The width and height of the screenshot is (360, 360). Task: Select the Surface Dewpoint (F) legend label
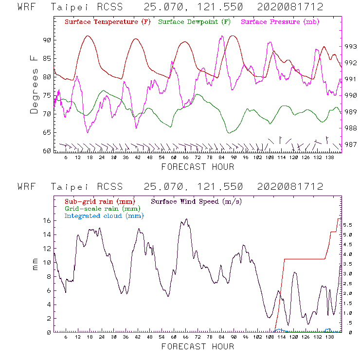(194, 22)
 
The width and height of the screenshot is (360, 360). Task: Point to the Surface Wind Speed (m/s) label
(197, 201)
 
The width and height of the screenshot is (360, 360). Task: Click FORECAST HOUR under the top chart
(198, 167)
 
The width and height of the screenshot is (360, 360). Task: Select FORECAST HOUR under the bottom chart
(198, 346)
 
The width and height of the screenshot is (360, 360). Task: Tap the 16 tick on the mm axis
(47, 220)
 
